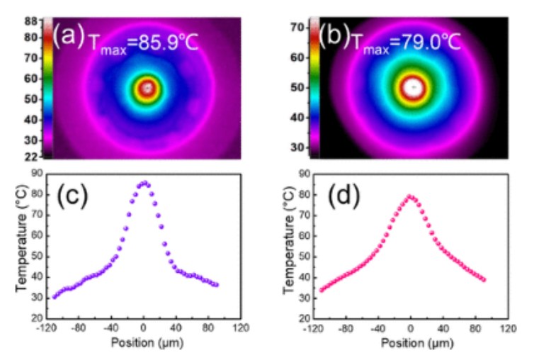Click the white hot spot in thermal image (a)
(x=147, y=89)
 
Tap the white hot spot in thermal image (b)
(x=412, y=87)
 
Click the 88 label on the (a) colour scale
(x=30, y=22)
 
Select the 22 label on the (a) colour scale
(x=30, y=155)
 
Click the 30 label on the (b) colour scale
(x=297, y=147)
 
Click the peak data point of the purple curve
(x=144, y=183)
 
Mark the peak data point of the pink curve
(x=409, y=196)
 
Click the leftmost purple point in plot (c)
(x=55, y=296)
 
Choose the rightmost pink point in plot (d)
(x=484, y=279)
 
